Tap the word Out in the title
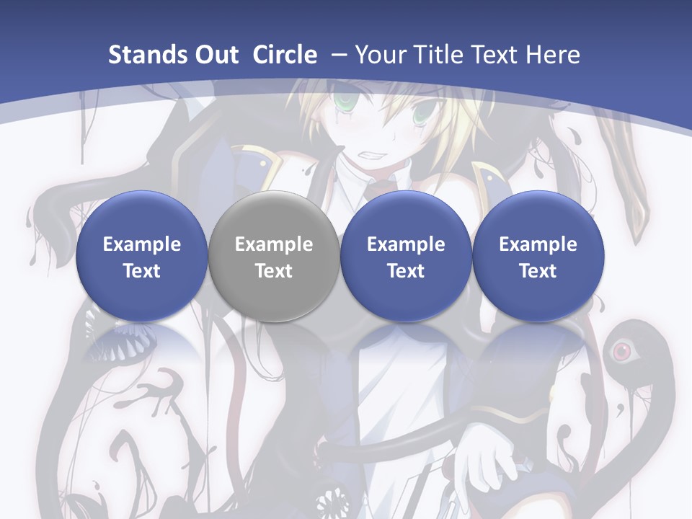click(x=214, y=55)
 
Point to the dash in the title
click(x=338, y=56)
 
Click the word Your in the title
click(x=379, y=55)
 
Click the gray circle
click(x=274, y=257)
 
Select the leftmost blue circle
click(x=142, y=257)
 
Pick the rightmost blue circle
click(x=538, y=257)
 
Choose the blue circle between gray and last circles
click(x=406, y=257)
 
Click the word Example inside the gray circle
click(x=274, y=244)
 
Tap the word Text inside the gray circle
click(x=274, y=271)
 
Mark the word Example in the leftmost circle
click(x=142, y=244)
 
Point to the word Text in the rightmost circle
click(x=538, y=271)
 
